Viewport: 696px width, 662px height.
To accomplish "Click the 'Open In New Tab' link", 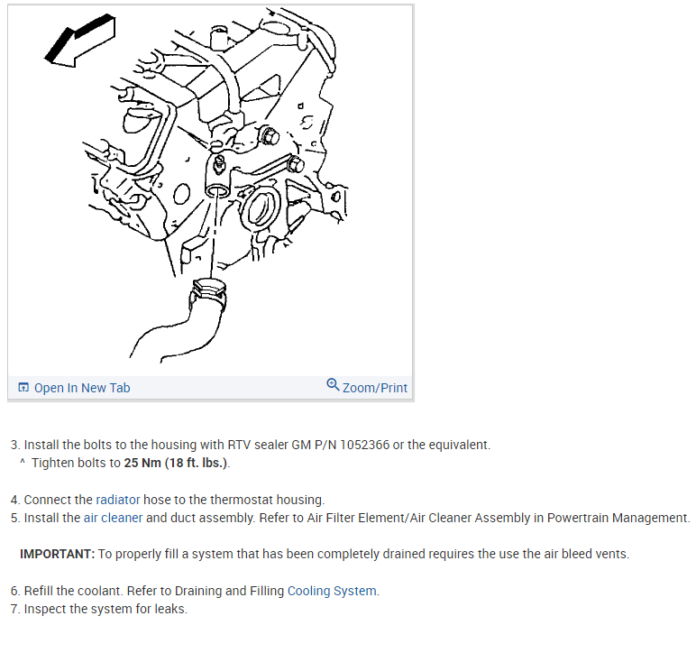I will pos(81,388).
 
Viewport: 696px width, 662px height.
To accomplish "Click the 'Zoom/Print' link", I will pos(374,388).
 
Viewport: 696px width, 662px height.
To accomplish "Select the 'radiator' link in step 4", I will pos(118,500).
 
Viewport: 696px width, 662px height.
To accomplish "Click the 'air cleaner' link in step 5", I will pos(113,518).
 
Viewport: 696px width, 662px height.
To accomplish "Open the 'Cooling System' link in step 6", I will pos(332,592).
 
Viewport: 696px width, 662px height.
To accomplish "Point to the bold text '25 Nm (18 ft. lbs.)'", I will pos(176,464).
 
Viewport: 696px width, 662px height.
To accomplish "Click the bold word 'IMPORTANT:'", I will pos(57,554).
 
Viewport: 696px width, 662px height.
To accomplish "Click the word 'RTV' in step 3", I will pos(225,446).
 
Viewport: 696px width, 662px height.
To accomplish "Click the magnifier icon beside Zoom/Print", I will pos(334,385).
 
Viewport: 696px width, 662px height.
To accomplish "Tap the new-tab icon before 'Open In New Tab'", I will pos(23,388).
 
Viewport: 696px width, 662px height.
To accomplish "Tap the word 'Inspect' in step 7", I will pos(46,610).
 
